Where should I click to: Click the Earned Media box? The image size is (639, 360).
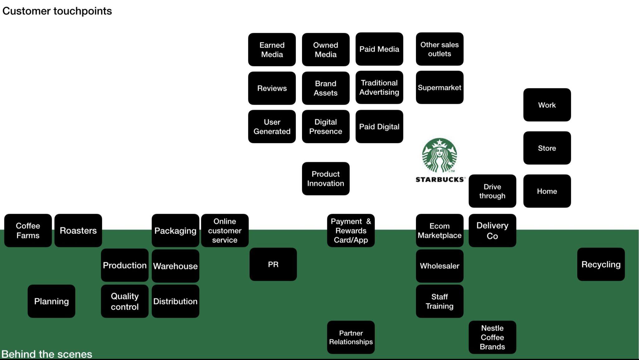point(272,50)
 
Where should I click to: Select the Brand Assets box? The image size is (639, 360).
point(325,88)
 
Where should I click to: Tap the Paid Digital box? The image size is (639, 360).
point(379,127)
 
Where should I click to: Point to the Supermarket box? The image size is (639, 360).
point(439,88)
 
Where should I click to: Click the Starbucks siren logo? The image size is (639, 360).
point(439,155)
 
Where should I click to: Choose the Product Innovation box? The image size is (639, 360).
point(325,179)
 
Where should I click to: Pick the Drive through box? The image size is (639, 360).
point(492,191)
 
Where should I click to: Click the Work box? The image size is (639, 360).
point(547,105)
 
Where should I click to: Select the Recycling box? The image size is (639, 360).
point(601,265)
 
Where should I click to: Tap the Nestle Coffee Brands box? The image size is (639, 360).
point(492,337)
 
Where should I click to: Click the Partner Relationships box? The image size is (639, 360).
point(351,337)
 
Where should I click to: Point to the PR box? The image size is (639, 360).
point(273,265)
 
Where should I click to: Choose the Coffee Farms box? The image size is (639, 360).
point(28,231)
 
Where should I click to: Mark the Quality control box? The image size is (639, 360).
point(124,301)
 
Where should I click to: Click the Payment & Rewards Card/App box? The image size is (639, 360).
point(351,231)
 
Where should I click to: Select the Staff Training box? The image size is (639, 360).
point(439,301)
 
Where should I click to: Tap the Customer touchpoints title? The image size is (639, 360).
point(57,11)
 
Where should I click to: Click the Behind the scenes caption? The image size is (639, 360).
point(47,354)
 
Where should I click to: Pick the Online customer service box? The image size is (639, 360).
point(225,231)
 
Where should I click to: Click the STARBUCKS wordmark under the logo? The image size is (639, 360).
point(440,179)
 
